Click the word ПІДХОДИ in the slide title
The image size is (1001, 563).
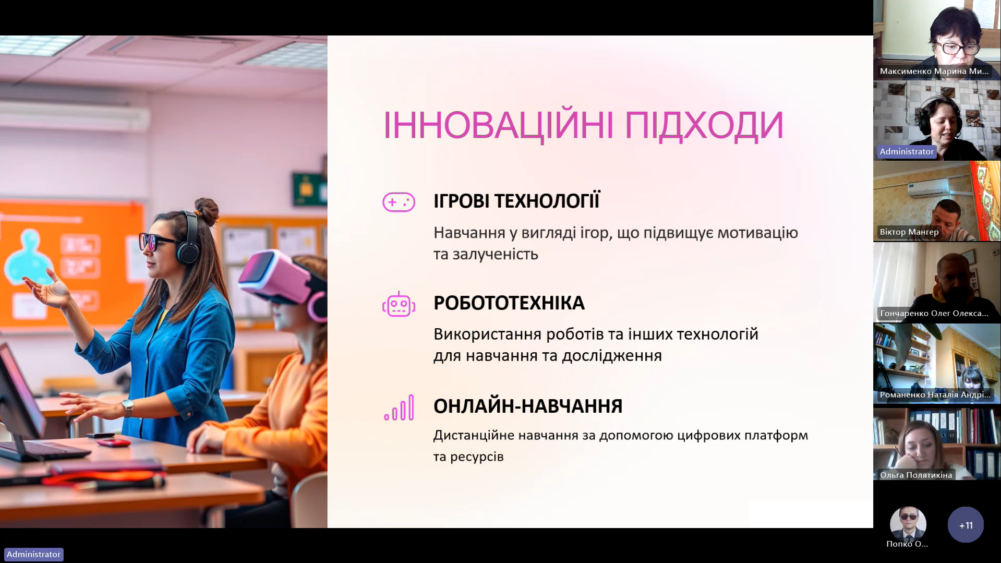pos(704,126)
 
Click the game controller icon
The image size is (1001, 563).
pos(399,202)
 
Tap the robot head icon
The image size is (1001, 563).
pos(399,304)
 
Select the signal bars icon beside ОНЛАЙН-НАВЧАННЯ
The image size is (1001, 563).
pos(399,408)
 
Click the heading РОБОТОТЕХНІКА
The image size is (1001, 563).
pos(509,303)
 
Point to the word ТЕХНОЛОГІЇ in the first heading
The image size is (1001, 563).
pos(547,201)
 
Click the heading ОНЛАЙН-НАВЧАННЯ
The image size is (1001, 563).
pos(528,406)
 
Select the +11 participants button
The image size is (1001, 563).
pos(966,525)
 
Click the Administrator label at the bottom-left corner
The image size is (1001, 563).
pos(34,554)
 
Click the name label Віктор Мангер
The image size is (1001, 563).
pos(909,232)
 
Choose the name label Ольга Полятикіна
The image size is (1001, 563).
pos(916,475)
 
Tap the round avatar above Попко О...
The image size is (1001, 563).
pos(908,524)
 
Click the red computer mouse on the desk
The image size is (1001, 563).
pos(114,442)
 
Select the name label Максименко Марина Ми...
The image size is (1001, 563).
pos(934,71)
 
